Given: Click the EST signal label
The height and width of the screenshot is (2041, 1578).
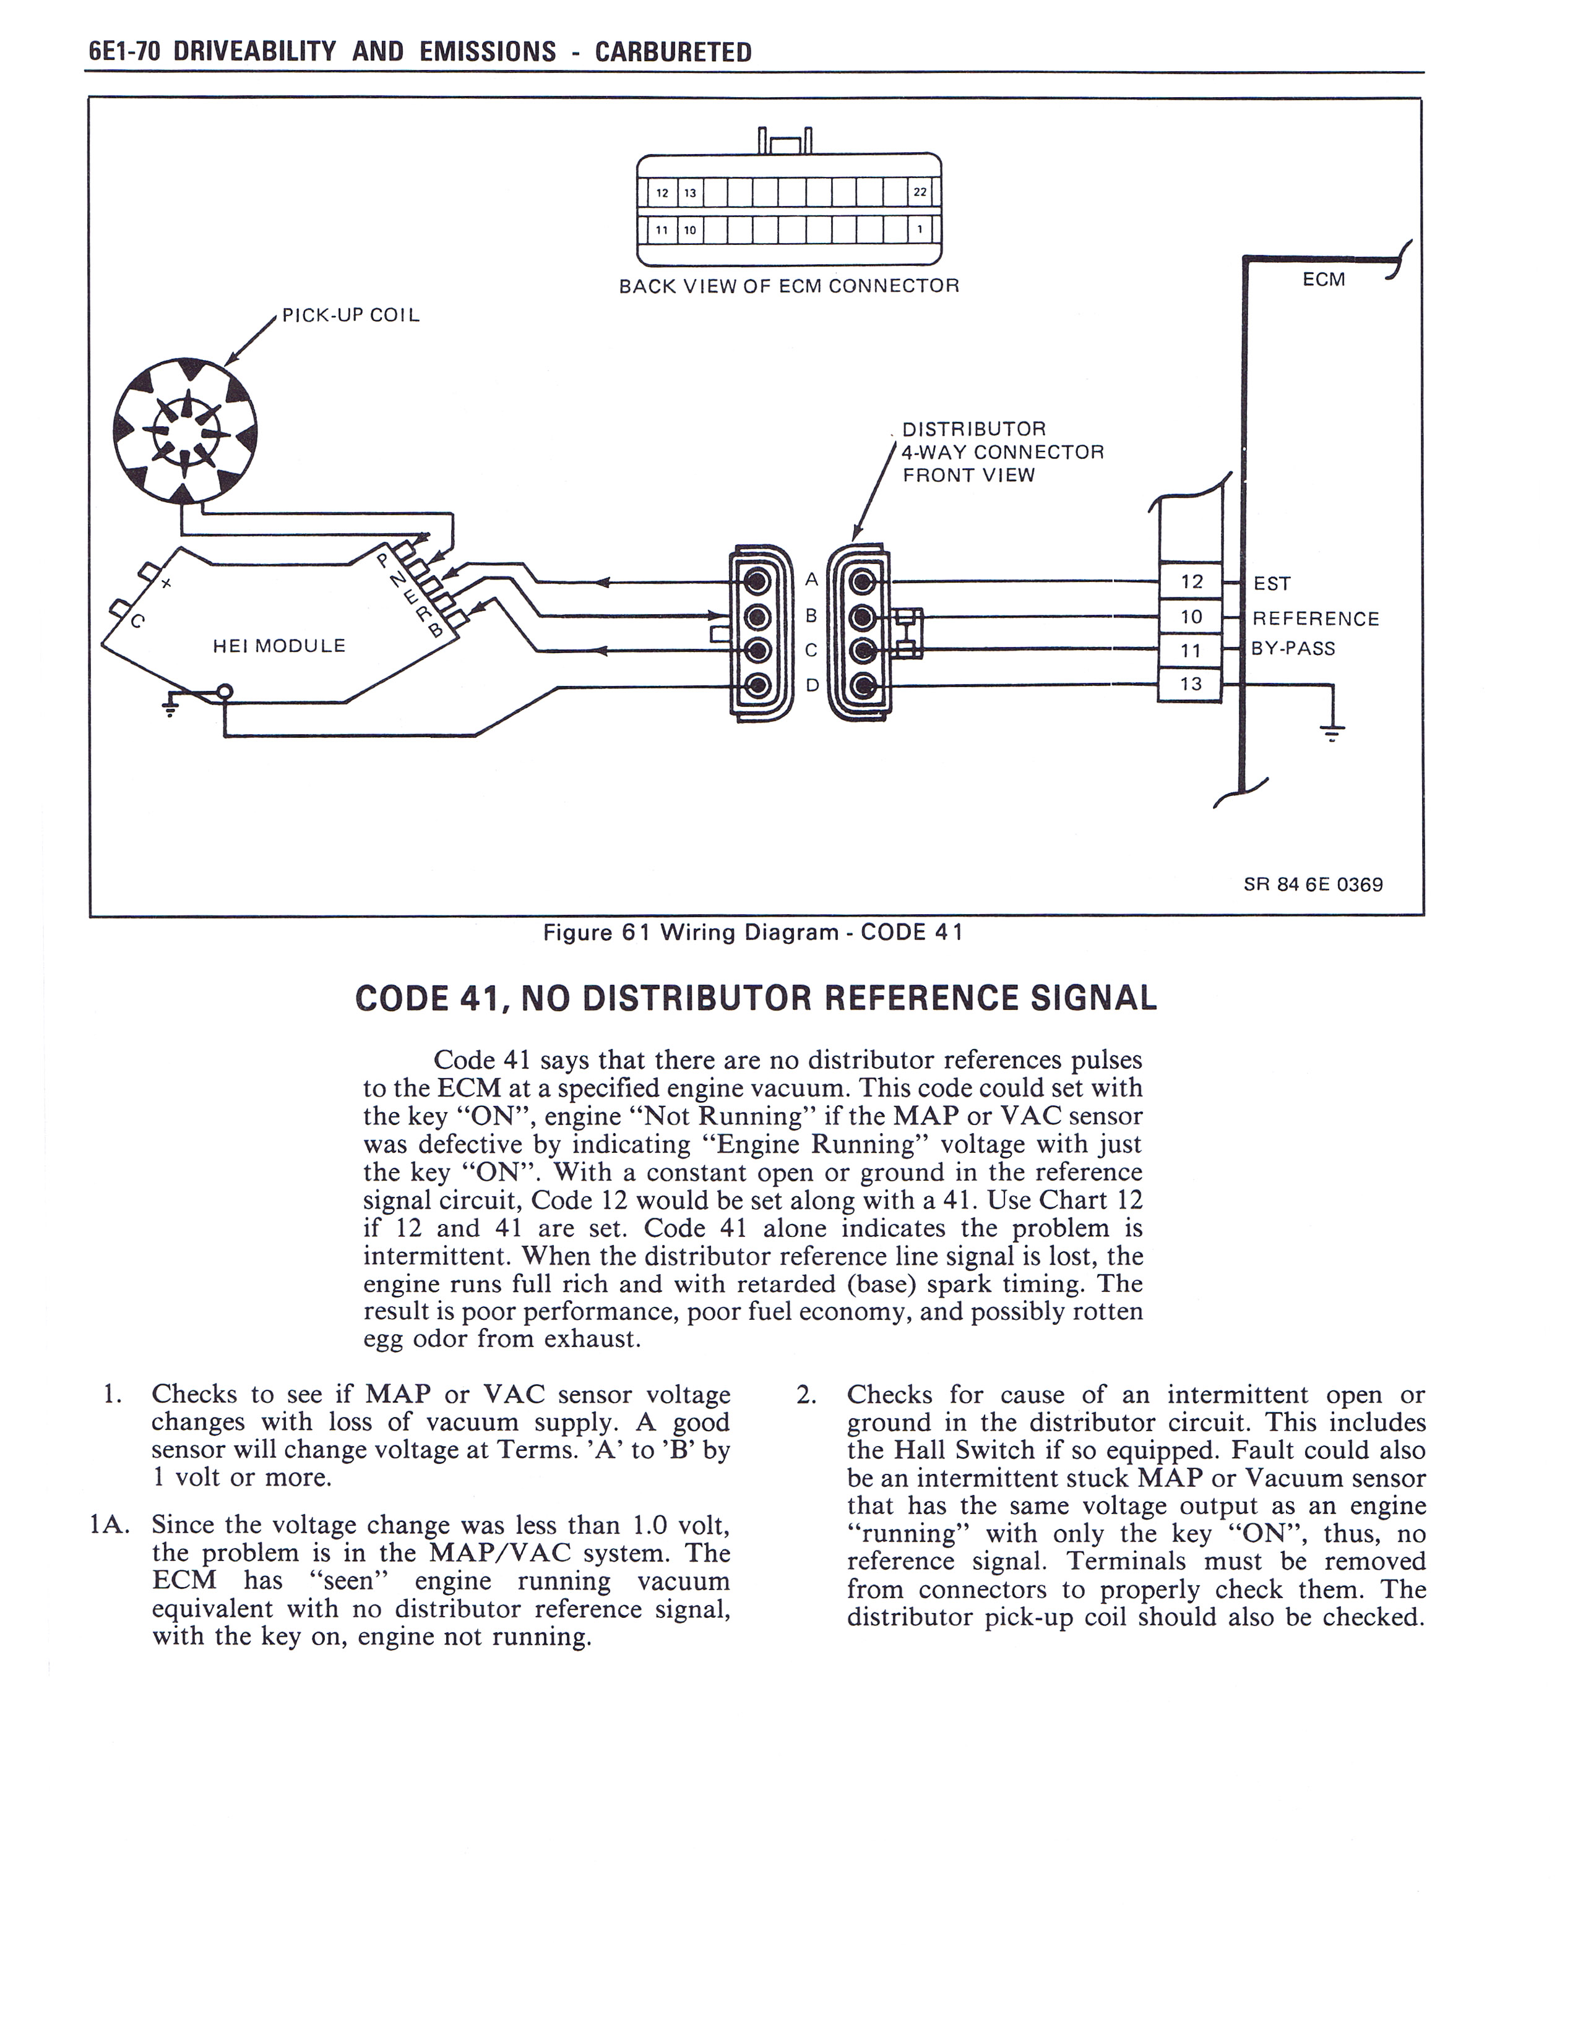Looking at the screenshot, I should tap(1272, 584).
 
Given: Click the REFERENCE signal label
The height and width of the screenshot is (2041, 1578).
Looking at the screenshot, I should tap(1316, 618).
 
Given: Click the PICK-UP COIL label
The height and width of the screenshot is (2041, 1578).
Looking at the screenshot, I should tap(350, 315).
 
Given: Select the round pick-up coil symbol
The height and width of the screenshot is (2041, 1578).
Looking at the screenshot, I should tap(185, 431).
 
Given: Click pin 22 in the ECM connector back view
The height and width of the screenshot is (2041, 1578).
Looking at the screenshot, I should tap(920, 192).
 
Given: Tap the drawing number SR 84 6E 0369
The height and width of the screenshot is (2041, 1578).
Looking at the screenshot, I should tap(1313, 884).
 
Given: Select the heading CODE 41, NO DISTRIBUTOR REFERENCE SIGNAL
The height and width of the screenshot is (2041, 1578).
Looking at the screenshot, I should tap(756, 998).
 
